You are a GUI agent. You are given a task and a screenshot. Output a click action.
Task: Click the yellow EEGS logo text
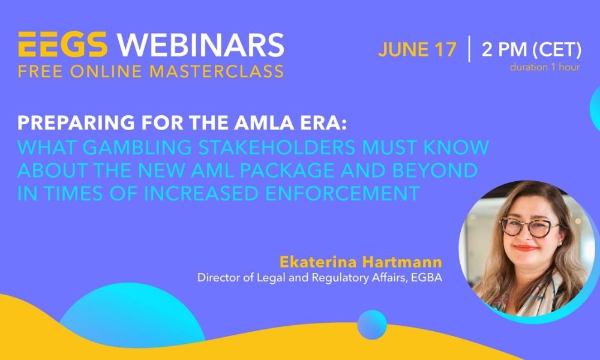62,46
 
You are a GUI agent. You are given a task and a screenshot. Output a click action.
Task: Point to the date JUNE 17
417,49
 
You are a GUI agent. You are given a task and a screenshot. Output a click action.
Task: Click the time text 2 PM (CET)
531,49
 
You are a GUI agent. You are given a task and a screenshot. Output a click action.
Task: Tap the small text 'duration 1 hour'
545,67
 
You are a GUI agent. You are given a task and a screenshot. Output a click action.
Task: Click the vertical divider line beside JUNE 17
469,49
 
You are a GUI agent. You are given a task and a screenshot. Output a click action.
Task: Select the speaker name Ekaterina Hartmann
360,262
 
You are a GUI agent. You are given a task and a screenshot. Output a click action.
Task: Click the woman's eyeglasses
528,227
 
